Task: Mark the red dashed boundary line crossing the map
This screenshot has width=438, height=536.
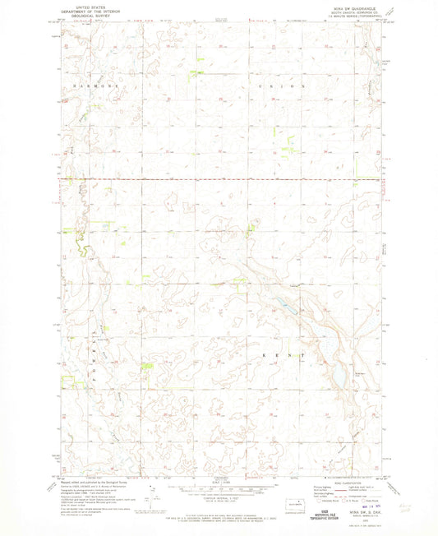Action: coord(222,178)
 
